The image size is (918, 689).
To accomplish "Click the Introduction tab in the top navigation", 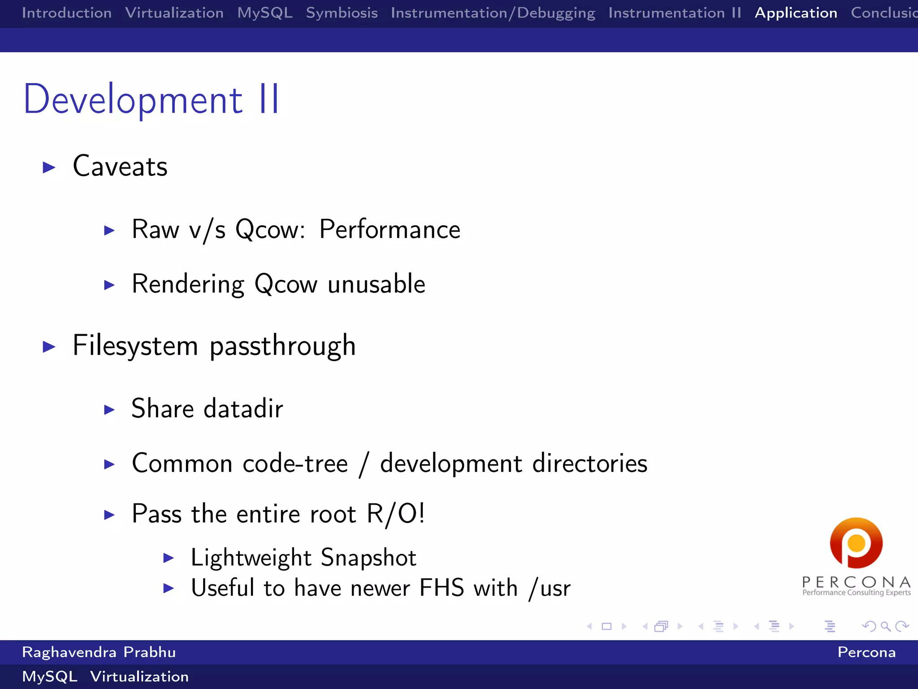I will (x=67, y=13).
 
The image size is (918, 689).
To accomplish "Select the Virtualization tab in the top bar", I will (x=174, y=13).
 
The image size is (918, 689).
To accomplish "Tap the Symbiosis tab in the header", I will (x=342, y=13).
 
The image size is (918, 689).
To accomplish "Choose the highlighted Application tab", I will (x=796, y=13).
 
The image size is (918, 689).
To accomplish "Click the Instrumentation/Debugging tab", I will (x=493, y=13).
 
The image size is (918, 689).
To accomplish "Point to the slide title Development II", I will (x=152, y=100).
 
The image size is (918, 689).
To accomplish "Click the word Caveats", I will (x=120, y=166).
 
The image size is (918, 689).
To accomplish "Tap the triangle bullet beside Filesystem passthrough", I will (x=49, y=346).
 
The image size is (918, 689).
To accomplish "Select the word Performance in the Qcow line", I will (x=390, y=230).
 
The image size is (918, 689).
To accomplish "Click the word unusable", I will (x=376, y=284).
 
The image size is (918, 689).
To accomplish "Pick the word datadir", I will (x=243, y=409).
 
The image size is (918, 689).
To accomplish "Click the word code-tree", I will (x=295, y=463).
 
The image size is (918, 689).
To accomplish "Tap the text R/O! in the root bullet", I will (x=395, y=514).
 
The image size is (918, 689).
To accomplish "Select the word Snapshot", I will (x=368, y=558).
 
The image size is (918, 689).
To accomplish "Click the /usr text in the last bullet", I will (x=550, y=588).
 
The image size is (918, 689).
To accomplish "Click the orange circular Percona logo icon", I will (x=856, y=543).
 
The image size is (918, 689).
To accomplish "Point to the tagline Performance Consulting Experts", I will (x=856, y=593).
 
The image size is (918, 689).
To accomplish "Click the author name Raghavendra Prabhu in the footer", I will (x=99, y=652).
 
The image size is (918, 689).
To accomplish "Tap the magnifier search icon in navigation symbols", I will (x=885, y=626).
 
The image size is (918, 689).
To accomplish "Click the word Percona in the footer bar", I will (x=866, y=652).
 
